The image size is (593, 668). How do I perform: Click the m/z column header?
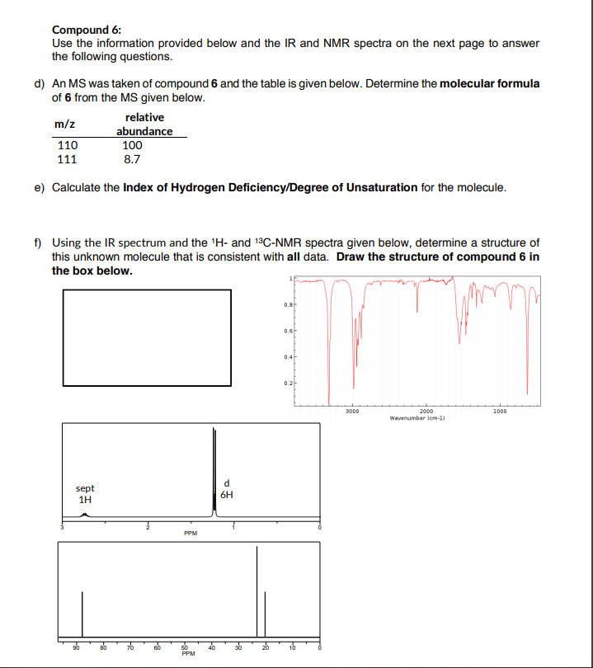(65, 124)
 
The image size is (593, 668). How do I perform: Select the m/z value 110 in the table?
(66, 145)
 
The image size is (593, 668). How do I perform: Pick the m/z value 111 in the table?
(66, 158)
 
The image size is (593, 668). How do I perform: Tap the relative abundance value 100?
(132, 145)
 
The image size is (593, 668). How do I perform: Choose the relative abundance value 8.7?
(132, 158)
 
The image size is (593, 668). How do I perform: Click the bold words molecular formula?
(490, 83)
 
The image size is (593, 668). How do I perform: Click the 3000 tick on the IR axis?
(352, 410)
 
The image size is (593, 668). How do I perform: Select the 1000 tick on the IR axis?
(500, 410)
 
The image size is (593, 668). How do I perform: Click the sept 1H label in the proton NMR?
(85, 494)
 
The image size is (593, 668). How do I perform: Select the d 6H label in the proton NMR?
(227, 489)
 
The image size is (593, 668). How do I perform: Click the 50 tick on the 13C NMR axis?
(186, 648)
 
